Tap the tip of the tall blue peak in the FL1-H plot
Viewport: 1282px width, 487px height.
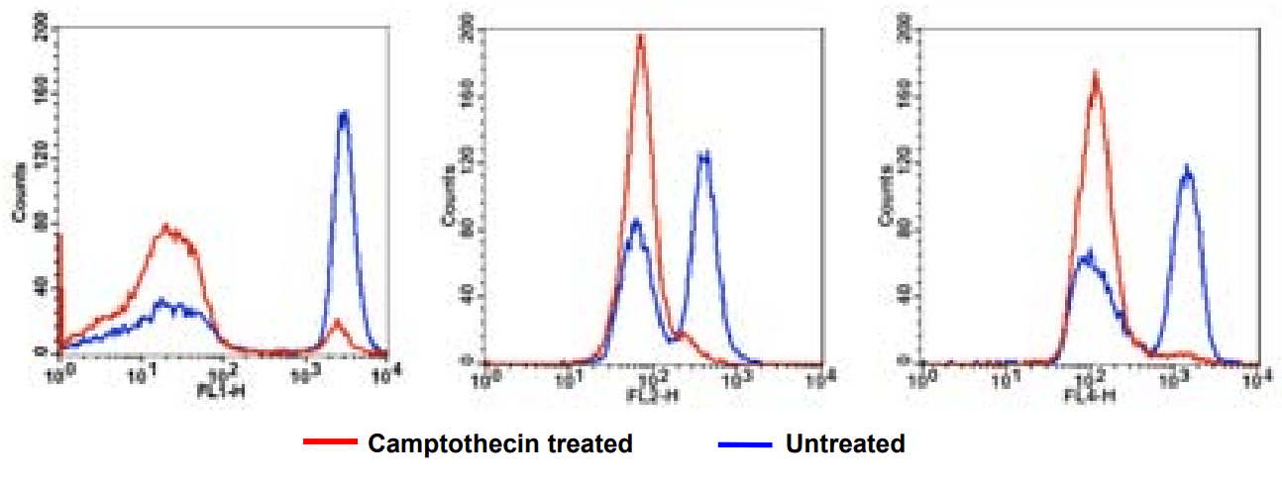click(x=344, y=114)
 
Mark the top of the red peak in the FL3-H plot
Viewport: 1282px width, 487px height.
click(x=641, y=37)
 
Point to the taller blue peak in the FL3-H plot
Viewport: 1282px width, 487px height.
click(x=704, y=154)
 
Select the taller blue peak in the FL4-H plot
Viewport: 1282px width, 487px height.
click(x=1186, y=171)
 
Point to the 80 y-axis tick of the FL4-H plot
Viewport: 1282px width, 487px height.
click(x=899, y=230)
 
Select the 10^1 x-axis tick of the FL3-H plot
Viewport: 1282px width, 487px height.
click(x=569, y=378)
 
